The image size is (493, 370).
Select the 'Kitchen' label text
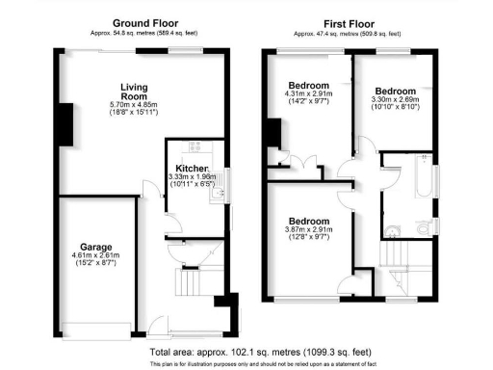pos(193,168)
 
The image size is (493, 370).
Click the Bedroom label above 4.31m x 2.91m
pos(309,85)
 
